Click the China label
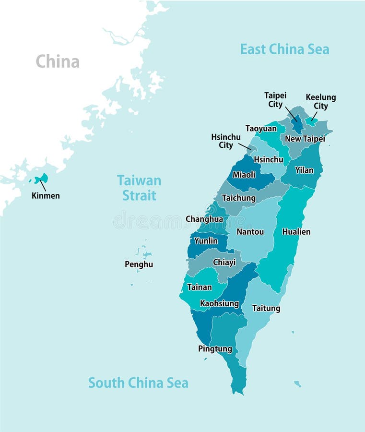tap(58, 61)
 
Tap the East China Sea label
tap(284, 49)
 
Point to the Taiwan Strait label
tap(139, 188)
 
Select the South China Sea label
tap(138, 383)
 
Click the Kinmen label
tap(46, 195)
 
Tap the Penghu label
tap(139, 264)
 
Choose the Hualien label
tap(296, 231)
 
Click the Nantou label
tap(250, 231)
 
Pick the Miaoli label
tap(244, 175)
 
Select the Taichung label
tap(238, 198)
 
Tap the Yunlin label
tap(206, 240)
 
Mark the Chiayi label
tap(224, 262)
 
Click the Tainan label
tap(199, 287)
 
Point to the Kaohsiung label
tap(219, 303)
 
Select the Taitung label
tap(266, 308)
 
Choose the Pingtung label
tap(215, 349)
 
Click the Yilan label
tap(304, 170)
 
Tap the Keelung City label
tap(321, 101)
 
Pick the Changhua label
tap(204, 219)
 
